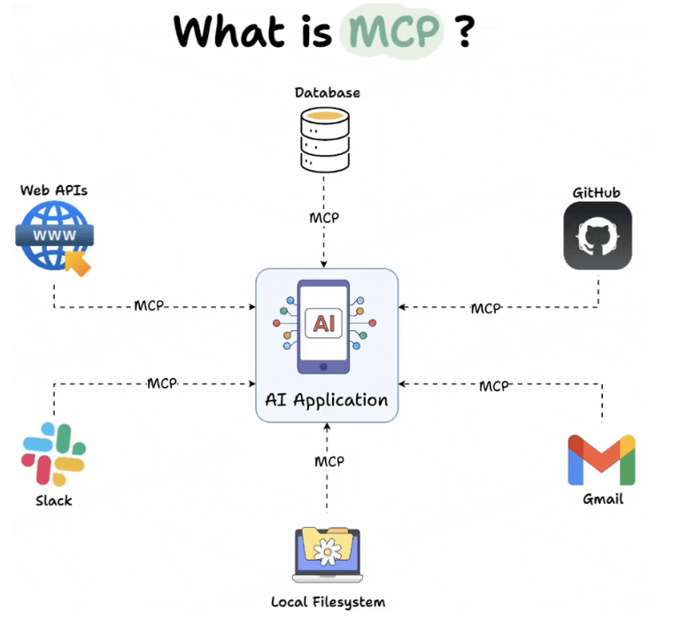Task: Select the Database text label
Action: click(327, 92)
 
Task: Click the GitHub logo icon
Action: click(598, 236)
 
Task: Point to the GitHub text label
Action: click(597, 192)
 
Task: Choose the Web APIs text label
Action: click(53, 190)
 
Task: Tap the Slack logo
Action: click(53, 454)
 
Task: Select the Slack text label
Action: click(53, 500)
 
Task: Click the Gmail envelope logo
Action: click(601, 460)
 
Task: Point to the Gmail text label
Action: click(602, 499)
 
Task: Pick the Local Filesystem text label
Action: click(328, 602)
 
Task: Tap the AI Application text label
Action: click(327, 399)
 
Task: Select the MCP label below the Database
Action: click(323, 218)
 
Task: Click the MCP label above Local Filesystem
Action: click(329, 461)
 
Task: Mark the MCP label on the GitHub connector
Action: click(485, 308)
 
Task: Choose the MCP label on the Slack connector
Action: click(162, 383)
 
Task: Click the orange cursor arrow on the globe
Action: click(80, 264)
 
